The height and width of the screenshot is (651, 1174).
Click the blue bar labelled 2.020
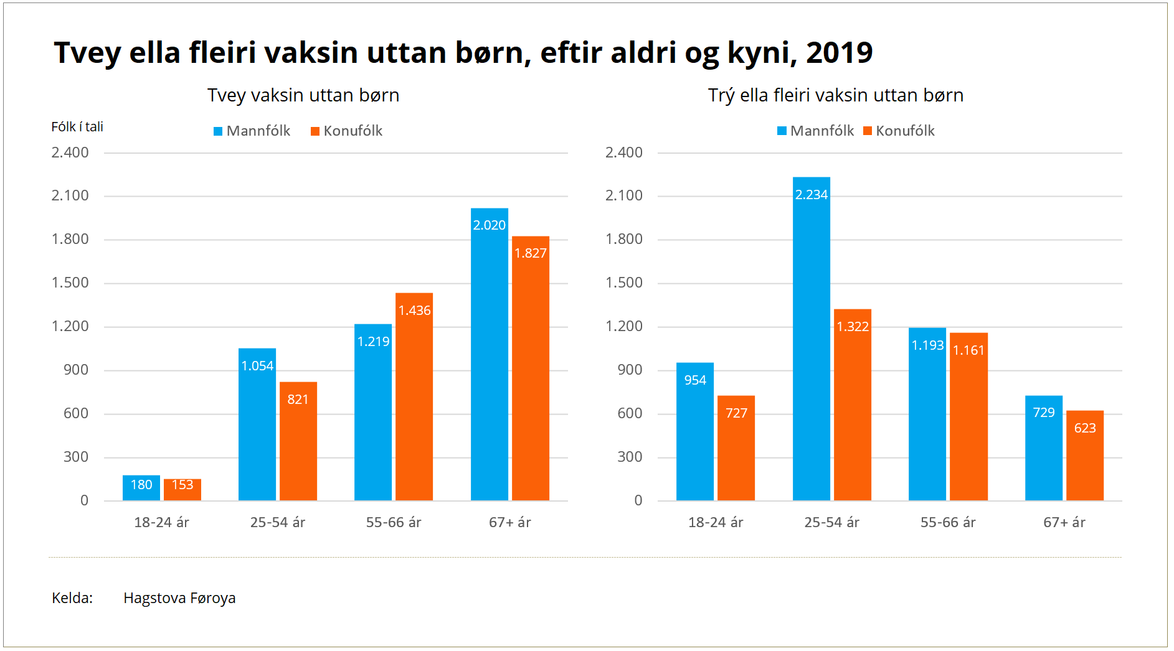click(x=490, y=355)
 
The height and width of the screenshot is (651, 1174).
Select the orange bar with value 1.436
click(x=414, y=398)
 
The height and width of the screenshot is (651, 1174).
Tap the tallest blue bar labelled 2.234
click(x=812, y=339)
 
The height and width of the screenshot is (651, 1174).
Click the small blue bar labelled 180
click(x=141, y=488)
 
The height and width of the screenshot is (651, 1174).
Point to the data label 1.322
click(x=853, y=327)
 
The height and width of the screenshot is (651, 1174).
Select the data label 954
click(x=695, y=380)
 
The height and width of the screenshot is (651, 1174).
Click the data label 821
click(x=298, y=400)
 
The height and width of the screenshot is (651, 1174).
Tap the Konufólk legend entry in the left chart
click(x=347, y=131)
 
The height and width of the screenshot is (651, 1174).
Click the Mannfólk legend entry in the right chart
click(x=816, y=131)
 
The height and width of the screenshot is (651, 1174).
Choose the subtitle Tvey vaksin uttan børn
click(x=303, y=95)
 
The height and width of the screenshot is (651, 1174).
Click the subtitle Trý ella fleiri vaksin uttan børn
click(x=835, y=95)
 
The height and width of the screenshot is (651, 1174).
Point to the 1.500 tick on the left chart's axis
click(x=70, y=283)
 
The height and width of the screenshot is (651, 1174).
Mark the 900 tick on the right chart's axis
click(x=630, y=370)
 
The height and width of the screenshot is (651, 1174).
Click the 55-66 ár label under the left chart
click(x=394, y=522)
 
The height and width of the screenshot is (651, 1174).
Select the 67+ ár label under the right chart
click(x=1064, y=522)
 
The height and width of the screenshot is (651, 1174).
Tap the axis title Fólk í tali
click(x=77, y=127)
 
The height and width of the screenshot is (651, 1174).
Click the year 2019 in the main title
click(x=840, y=52)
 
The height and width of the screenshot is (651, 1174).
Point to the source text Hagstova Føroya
click(x=179, y=598)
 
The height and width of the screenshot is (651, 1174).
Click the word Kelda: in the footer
click(x=72, y=598)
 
